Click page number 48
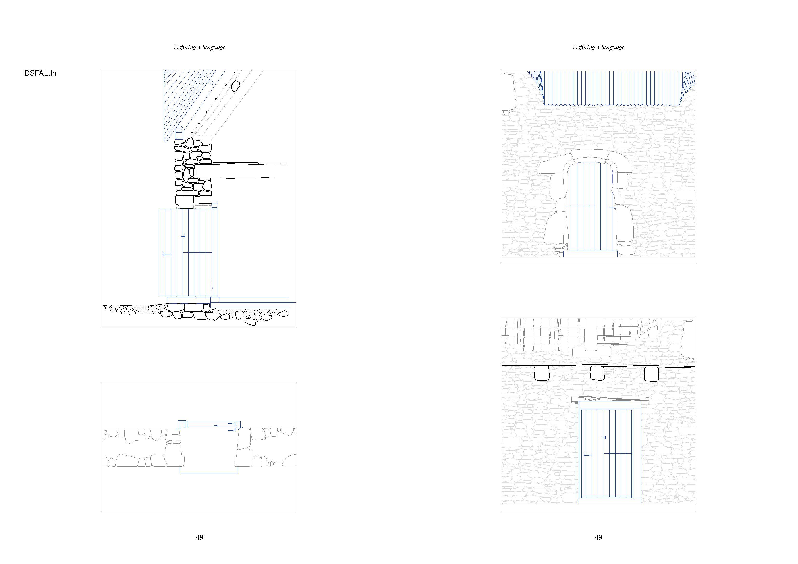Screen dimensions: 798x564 [x=199, y=537]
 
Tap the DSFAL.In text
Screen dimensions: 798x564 [x=40, y=73]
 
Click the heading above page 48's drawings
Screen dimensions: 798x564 [x=199, y=47]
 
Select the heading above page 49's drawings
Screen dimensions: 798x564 [x=598, y=47]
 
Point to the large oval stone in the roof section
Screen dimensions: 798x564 [x=236, y=86]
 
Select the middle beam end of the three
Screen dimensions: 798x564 [x=597, y=373]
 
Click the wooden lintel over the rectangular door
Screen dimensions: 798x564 [x=610, y=400]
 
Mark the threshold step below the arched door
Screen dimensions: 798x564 [x=590, y=253]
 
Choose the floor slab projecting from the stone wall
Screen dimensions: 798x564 [x=240, y=171]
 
